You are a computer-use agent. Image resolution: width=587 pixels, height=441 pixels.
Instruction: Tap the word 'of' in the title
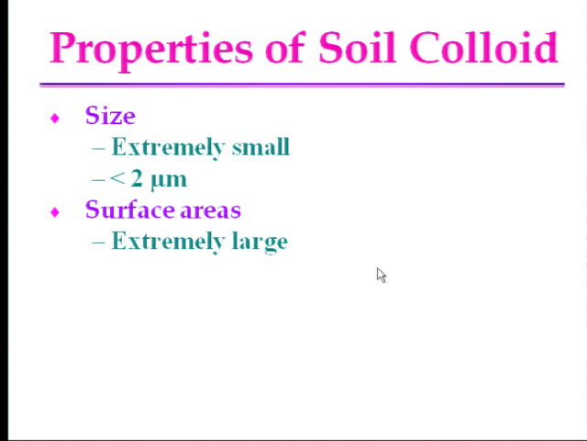click(x=286, y=47)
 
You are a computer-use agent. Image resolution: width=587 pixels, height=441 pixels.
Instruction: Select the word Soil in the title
click(x=357, y=47)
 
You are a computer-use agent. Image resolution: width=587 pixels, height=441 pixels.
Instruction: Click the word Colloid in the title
click(x=483, y=47)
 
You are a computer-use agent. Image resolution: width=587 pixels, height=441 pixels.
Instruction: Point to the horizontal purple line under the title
click(x=302, y=85)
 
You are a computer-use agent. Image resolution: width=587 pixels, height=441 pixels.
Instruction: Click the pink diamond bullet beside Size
click(x=55, y=119)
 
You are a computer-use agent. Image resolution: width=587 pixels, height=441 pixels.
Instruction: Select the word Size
click(x=110, y=116)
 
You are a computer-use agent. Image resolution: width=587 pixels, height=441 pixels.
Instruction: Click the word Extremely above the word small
click(x=168, y=147)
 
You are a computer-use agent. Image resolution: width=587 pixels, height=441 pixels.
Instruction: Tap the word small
click(x=260, y=146)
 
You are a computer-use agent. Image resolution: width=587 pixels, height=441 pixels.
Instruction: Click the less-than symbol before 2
click(x=117, y=179)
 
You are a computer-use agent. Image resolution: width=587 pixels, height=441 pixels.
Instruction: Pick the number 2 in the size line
click(x=137, y=178)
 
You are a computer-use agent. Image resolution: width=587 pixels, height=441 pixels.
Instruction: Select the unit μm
click(x=169, y=181)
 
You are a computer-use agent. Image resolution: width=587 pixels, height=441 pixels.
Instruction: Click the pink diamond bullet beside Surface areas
click(x=55, y=212)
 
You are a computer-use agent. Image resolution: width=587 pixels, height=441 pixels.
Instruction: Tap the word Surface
click(x=129, y=209)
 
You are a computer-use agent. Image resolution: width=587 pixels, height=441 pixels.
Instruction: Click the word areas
click(x=210, y=211)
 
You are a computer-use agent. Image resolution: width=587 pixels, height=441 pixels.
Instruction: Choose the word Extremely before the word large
click(x=168, y=241)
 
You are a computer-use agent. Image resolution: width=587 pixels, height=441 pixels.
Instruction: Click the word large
click(x=260, y=242)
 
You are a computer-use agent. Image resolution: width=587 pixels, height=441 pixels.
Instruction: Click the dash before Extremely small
click(x=98, y=149)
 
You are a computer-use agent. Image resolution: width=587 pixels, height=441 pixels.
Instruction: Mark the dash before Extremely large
click(x=98, y=243)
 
